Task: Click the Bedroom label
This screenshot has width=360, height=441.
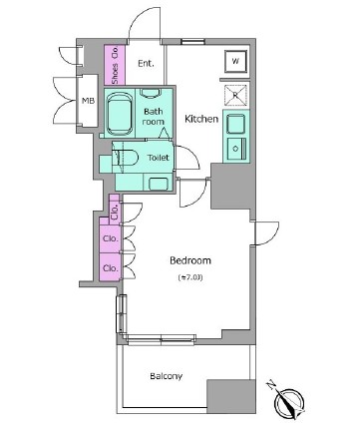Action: pos(190,260)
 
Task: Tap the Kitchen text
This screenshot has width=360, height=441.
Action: pos(201,119)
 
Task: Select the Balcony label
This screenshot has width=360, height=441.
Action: pos(166,376)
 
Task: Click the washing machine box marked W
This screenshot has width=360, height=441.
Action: pos(235,62)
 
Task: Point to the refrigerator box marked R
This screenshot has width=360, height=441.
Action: pos(236,95)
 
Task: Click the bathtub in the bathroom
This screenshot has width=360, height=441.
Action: pos(119,114)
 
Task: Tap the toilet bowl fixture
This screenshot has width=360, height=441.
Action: pos(125,158)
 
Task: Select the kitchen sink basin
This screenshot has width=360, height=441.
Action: pos(235,124)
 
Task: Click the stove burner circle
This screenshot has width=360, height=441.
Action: pos(235,149)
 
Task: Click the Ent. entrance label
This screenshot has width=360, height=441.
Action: pos(146,63)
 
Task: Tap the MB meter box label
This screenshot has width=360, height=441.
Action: pos(88,101)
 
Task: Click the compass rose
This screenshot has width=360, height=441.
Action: pos(289,402)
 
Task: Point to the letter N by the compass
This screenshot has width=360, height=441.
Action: pos(271,386)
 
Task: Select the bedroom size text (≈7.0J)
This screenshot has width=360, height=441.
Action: pos(190,277)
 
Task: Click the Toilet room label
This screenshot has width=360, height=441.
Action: pos(159,158)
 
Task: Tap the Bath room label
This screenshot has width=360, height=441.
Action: pos(154,117)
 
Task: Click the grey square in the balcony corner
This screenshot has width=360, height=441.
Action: pos(231,396)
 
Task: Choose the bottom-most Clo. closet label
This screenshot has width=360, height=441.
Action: pos(110,268)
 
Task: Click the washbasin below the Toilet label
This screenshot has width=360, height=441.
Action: pos(158,184)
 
